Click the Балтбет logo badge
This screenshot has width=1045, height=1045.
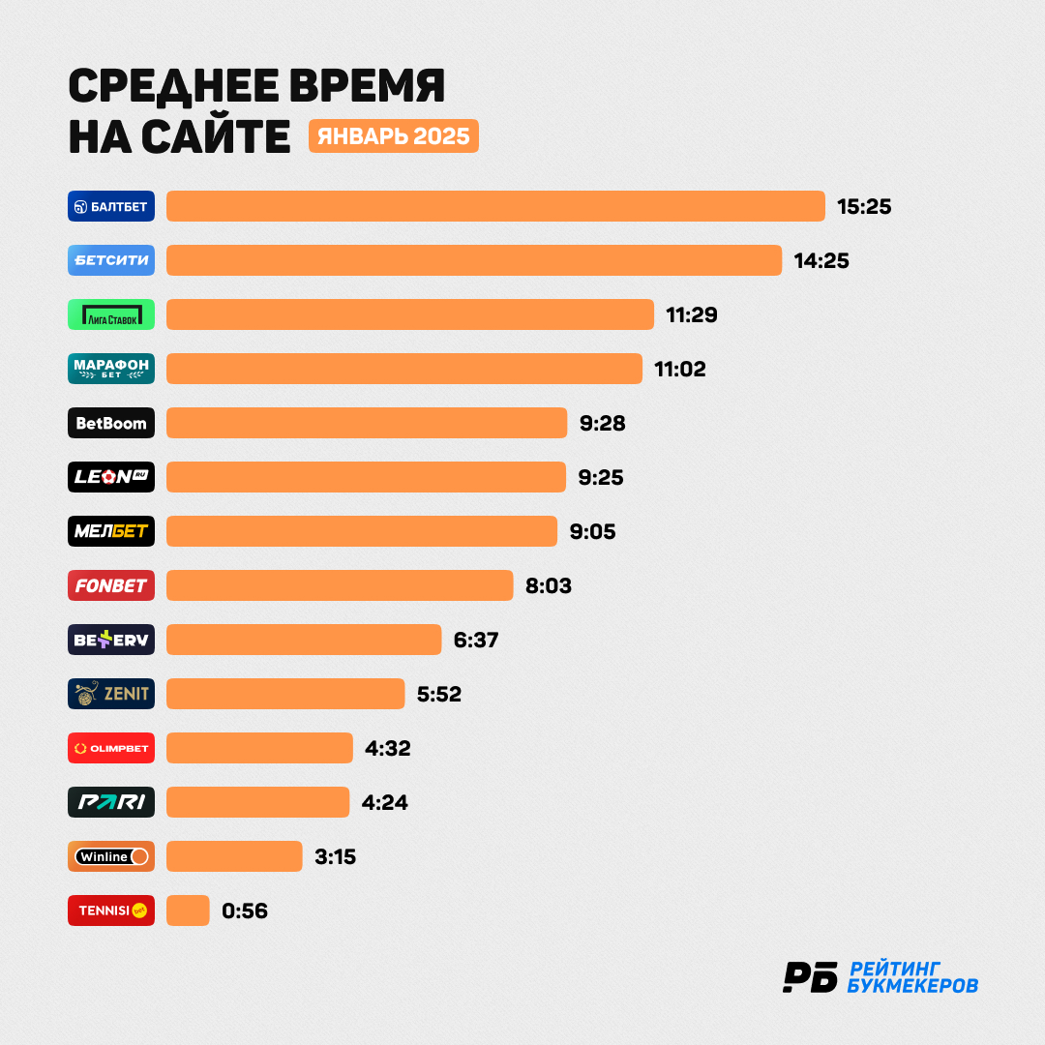(111, 207)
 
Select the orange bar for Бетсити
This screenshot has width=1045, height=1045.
(474, 260)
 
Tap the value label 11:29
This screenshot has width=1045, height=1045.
(692, 314)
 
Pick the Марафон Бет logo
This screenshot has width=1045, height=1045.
(111, 369)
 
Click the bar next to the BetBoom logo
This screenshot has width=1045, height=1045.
(367, 423)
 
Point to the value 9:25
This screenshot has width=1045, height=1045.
(601, 477)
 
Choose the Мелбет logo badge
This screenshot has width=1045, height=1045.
(111, 531)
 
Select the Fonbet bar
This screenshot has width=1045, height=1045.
(340, 585)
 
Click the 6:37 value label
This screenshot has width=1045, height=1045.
(476, 640)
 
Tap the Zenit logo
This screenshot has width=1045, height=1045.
(111, 694)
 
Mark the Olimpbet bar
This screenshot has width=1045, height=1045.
(260, 748)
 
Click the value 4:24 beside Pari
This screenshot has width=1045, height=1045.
(384, 802)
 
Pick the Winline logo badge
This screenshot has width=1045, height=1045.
(111, 856)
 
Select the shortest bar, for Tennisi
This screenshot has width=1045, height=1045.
(188, 911)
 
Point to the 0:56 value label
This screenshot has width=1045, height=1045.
(245, 911)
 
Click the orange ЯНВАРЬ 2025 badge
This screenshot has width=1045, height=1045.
(394, 136)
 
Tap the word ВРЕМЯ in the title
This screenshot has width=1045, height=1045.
(367, 86)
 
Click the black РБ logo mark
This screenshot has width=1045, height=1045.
(811, 977)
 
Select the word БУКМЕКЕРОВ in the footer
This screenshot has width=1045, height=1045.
(913, 986)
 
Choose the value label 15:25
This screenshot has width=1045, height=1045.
(864, 207)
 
